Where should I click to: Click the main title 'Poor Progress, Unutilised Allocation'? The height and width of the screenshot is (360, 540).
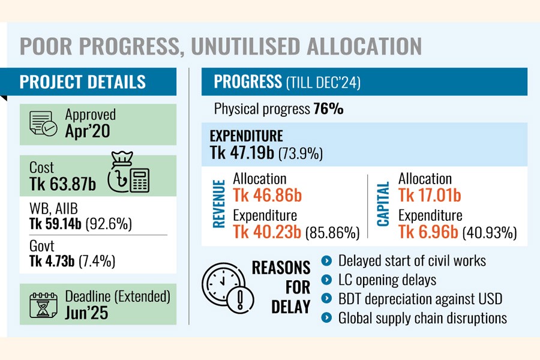tap(221, 46)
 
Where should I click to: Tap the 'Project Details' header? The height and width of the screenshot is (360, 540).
tap(83, 82)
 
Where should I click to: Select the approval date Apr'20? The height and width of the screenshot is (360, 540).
tap(88, 131)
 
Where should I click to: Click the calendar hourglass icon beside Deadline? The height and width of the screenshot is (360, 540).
tap(43, 303)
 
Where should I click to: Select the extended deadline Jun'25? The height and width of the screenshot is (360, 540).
tap(86, 313)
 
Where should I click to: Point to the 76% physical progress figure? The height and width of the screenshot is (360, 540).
tap(328, 109)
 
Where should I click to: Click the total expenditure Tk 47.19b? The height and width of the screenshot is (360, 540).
tap(242, 153)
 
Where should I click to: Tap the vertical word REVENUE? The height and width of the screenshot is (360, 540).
tap(220, 203)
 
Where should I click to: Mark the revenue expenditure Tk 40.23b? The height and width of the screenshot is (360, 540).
tap(266, 232)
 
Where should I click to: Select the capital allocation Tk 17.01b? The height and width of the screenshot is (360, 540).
tap(429, 194)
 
